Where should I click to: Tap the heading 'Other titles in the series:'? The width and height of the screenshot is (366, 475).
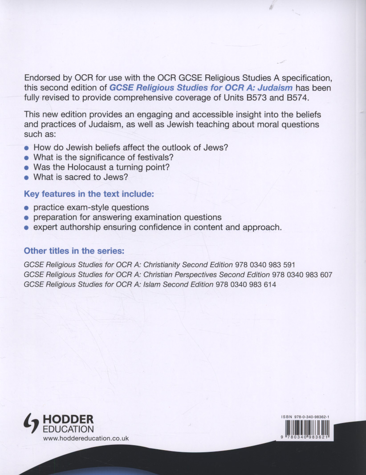click(77, 251)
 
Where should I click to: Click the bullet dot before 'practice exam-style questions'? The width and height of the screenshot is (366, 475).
click(27, 208)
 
